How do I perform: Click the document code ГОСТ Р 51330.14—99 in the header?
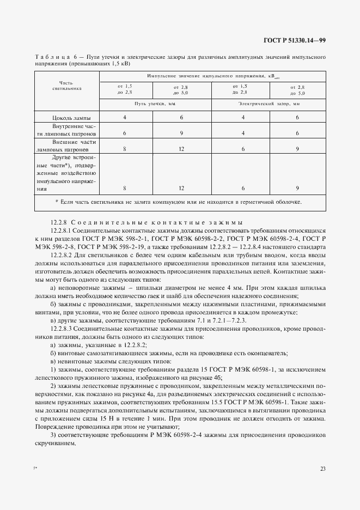pos(295,40)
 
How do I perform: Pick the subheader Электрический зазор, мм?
pos(269,102)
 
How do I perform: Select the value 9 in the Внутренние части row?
pos(181,133)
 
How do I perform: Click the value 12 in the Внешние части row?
pos(181,149)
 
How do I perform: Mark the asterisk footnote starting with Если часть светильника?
pos(178,202)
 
